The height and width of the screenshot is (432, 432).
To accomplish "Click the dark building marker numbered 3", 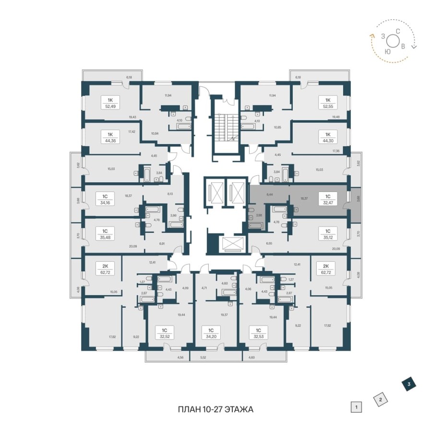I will [408, 384].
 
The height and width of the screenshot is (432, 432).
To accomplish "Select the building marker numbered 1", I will [356, 408].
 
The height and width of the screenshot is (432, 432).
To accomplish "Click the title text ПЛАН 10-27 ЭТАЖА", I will [215, 409].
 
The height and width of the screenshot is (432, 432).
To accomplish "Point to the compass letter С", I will [397, 31].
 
